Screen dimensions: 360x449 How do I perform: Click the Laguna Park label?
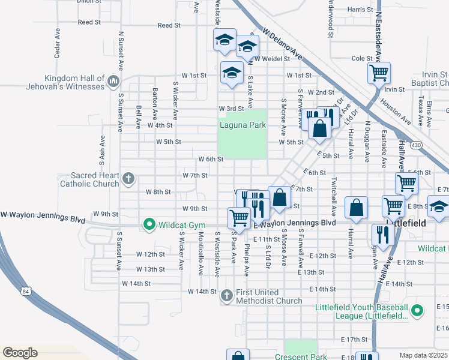242,125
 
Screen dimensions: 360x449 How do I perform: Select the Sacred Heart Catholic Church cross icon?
128,178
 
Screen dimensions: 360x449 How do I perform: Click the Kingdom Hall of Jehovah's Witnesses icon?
113,81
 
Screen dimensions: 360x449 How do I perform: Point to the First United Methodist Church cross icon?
226,295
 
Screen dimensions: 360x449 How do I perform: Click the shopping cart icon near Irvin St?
379,73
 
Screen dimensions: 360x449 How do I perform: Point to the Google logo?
20,353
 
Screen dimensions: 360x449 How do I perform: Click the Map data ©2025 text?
423,355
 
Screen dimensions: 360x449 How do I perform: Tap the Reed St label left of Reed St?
89,22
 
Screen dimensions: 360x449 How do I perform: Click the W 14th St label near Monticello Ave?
202,292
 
